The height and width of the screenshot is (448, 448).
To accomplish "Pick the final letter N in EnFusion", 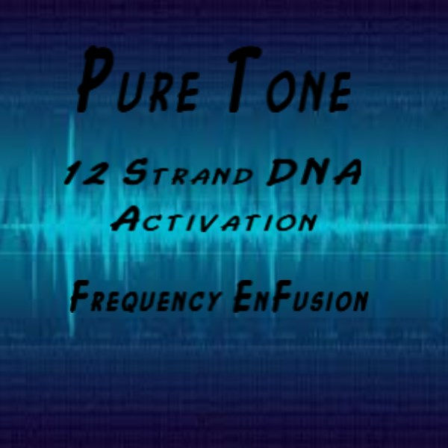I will coord(358,300).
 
